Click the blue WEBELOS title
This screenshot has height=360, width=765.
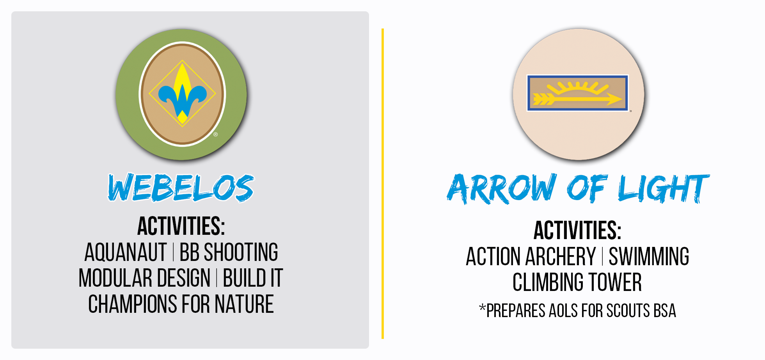[181, 188]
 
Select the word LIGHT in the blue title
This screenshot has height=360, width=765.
[664, 189]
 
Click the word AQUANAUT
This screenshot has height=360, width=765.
[126, 252]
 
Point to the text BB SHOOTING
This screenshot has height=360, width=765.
[229, 252]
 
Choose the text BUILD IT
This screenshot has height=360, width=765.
[253, 278]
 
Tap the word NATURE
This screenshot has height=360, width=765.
[244, 304]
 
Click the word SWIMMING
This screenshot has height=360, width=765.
[649, 257]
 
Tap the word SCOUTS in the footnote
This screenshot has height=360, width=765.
[628, 311]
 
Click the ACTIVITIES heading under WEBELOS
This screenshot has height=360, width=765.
[181, 226]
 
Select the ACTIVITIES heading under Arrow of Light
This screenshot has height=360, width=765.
[577, 231]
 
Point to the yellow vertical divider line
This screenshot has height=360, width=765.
[383, 184]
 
